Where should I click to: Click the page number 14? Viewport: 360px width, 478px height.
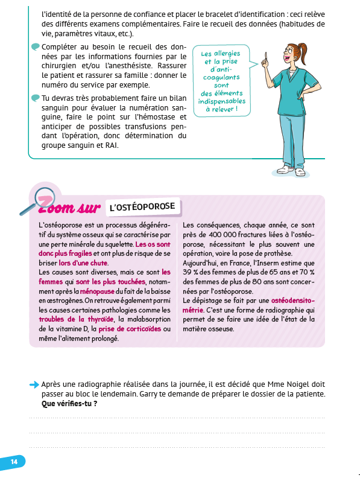click(14, 462)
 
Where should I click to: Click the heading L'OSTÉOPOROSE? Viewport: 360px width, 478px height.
click(142, 208)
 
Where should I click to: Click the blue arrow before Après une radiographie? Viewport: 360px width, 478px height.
click(34, 384)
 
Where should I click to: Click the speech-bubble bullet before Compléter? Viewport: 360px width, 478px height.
click(36, 47)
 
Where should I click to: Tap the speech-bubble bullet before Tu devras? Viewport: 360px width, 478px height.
click(36, 98)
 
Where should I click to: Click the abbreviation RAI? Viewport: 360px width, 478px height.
click(112, 145)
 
